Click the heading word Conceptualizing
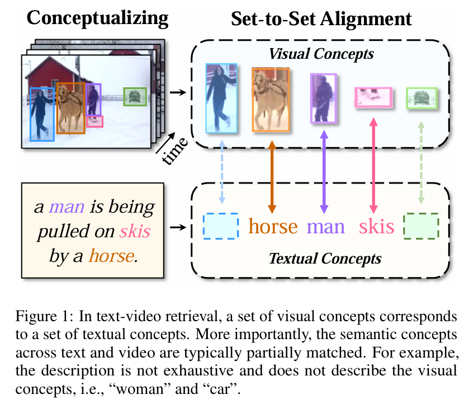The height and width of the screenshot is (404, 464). coord(98,18)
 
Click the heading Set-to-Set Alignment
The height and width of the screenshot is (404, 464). coord(321,19)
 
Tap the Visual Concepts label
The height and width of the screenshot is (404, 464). coord(321,54)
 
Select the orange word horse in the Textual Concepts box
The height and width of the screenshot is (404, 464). coord(273,227)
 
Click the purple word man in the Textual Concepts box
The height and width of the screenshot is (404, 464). coord(326,227)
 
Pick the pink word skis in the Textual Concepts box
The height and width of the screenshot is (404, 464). coord(376,227)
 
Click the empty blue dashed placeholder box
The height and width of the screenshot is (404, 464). coord(220,226)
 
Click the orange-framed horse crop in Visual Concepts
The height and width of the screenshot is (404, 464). coord(271,100)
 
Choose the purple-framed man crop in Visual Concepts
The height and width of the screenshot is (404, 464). coord(323,98)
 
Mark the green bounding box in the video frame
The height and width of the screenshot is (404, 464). coord(134,97)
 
